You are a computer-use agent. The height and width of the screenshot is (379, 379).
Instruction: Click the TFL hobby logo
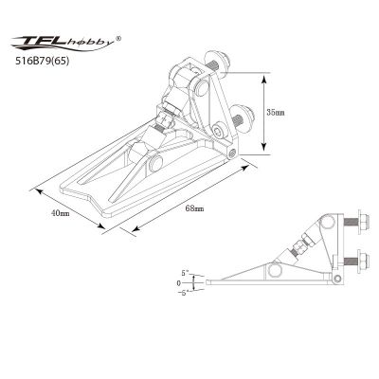[x=64, y=43]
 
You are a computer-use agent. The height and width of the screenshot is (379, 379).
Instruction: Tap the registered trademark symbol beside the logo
[x=118, y=38]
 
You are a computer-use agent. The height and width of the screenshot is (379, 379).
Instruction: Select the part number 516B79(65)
[x=42, y=61]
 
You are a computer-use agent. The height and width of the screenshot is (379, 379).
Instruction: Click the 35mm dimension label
[x=275, y=112]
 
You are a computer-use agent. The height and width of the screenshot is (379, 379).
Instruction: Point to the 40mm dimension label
[x=60, y=213]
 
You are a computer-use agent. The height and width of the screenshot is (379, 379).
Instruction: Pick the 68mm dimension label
[x=194, y=208]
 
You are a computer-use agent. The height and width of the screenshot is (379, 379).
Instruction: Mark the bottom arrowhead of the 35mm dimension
[x=264, y=146]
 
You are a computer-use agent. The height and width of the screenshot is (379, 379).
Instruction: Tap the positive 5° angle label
[x=185, y=274]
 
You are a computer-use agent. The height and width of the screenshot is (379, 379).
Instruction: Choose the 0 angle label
[x=179, y=283]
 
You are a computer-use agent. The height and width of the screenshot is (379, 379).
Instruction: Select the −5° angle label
[x=183, y=293]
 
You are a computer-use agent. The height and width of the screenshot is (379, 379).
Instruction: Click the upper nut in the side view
[x=364, y=222]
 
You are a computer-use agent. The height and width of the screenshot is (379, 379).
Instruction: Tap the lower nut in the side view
[x=364, y=262]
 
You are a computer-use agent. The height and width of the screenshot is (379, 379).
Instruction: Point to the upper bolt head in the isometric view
[x=217, y=61]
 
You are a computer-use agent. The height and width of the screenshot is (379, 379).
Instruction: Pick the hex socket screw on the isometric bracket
[x=218, y=133]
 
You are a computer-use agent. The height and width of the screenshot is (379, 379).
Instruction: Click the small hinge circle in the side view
[x=337, y=279]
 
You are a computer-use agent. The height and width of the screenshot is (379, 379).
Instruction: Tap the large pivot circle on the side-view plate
[x=274, y=271]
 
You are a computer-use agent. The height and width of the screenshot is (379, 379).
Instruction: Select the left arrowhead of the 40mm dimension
[x=39, y=191]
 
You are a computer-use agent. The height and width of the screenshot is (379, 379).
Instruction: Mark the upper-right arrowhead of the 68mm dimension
[x=244, y=168]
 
